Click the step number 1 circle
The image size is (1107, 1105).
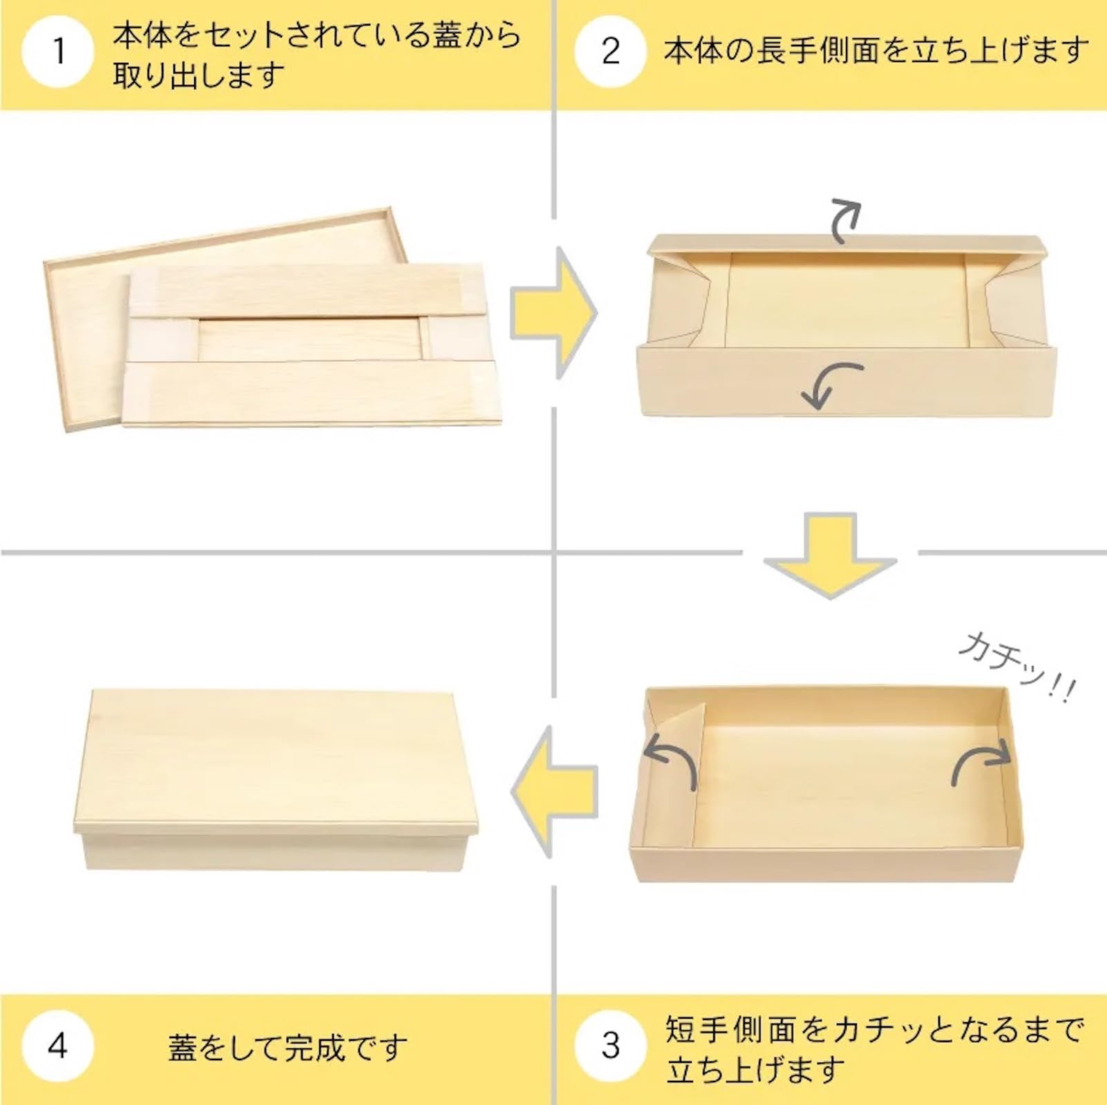(58, 52)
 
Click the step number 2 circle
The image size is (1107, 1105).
(610, 52)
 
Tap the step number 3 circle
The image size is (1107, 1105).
(610, 1045)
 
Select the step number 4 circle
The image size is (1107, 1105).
(58, 1045)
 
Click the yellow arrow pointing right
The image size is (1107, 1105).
(553, 313)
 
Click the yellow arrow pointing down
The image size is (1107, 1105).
(830, 556)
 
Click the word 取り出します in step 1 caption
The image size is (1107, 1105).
(198, 75)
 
